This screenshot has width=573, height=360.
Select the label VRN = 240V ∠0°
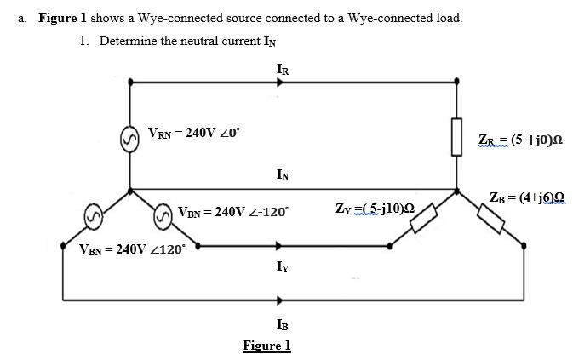tap(193, 133)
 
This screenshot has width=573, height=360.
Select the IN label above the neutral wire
tap(282, 175)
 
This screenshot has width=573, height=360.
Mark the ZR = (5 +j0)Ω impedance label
tap(520, 140)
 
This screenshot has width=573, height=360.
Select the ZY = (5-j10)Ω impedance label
tap(375, 208)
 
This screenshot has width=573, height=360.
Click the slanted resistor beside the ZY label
tap(423, 217)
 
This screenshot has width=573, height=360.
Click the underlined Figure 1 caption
tap(266, 345)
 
